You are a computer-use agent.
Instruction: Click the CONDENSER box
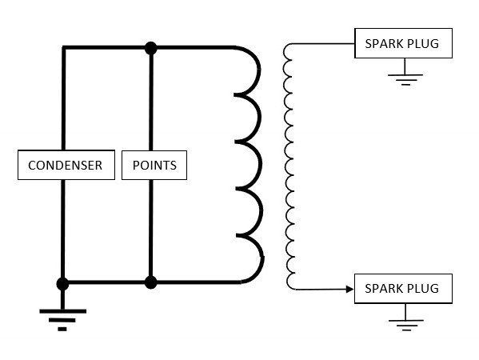pos(66,165)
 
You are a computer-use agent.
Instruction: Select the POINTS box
pos(154,165)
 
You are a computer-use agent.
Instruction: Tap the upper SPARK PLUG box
pos(403,43)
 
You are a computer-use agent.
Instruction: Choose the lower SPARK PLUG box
pos(403,289)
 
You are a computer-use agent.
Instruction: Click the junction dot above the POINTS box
pos(150,48)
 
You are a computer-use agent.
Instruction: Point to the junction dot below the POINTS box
pos(150,282)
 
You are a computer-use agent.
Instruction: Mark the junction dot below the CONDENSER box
pos(62,284)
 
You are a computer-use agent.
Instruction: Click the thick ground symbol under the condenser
pos(62,320)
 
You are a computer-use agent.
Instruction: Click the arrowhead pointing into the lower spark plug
pos(349,289)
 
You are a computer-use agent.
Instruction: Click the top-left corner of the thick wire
pos(63,47)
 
